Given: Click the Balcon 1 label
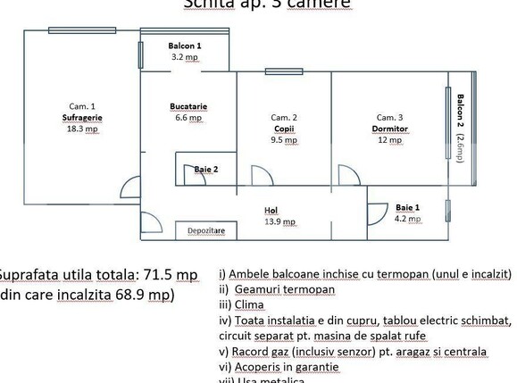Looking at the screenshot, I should click(185, 45).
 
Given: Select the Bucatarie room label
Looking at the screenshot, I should click(188, 106).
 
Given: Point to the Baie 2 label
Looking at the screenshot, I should click(205, 169).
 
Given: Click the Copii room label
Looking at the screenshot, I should click(284, 129).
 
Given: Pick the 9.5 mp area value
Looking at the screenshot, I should click(284, 140).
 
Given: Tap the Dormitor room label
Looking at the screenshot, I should click(389, 129).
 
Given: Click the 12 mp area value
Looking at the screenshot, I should click(389, 140).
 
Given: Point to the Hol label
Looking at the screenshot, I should click(271, 211).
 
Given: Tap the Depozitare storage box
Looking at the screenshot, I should click(205, 231).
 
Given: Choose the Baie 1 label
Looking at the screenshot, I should click(407, 207).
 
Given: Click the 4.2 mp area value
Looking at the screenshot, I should click(407, 219).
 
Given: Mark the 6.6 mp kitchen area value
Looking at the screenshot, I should click(188, 118).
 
